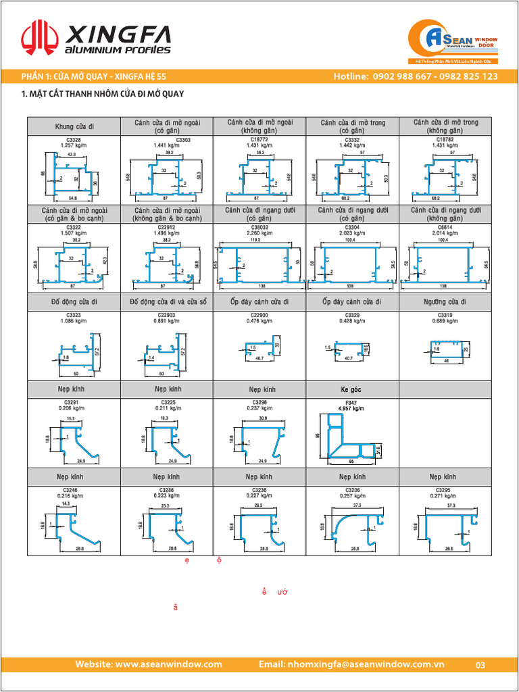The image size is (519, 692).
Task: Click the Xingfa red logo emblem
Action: coord(39,38)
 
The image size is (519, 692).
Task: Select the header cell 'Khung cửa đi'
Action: coord(74,126)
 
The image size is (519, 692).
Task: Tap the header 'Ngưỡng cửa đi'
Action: coord(445,301)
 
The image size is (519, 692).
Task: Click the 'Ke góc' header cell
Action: coord(352,390)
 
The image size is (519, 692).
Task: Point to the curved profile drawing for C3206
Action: coord(352,524)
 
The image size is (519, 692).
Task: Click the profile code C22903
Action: coord(166,315)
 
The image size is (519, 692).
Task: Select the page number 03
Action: coord(480,665)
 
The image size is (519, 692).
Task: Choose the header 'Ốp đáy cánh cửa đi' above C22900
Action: coord(259,301)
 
